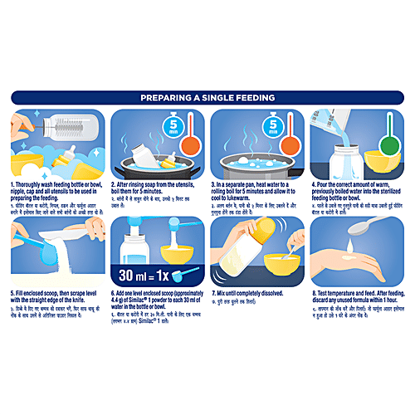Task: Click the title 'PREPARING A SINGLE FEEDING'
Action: click(x=207, y=97)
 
